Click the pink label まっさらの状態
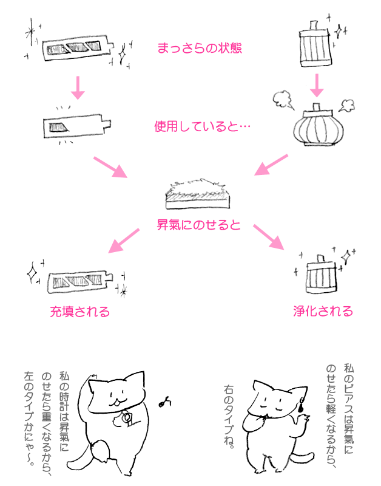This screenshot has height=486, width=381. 199,49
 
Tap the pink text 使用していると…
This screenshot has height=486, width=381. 202,128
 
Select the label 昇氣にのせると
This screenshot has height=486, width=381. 199,225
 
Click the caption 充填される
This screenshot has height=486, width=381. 79,312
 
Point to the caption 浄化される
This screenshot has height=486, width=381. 323,312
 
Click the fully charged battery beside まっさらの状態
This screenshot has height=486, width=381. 77,49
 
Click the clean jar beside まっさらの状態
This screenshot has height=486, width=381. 316,47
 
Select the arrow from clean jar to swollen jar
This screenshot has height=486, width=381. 316,85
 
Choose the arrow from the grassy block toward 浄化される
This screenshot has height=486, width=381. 269,237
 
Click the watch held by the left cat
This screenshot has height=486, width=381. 127,417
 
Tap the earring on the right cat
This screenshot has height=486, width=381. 302,408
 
